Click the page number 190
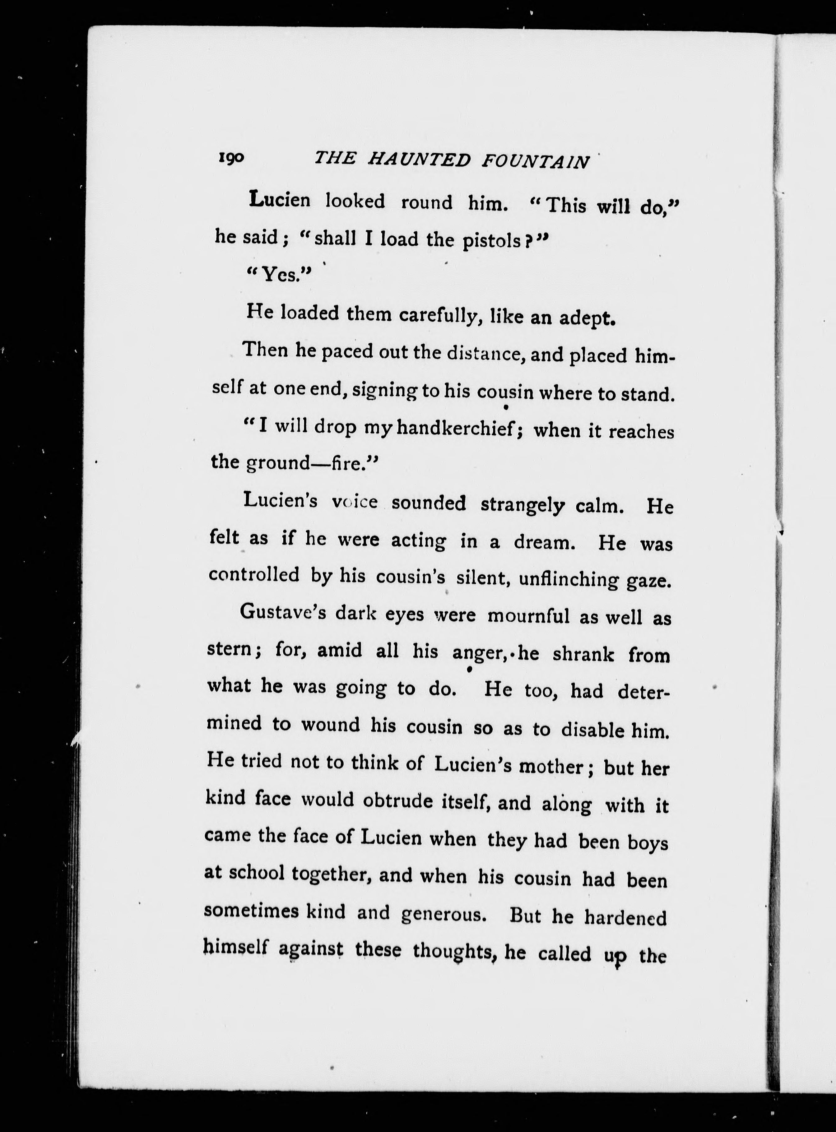pos(232,158)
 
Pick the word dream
pos(545,542)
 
